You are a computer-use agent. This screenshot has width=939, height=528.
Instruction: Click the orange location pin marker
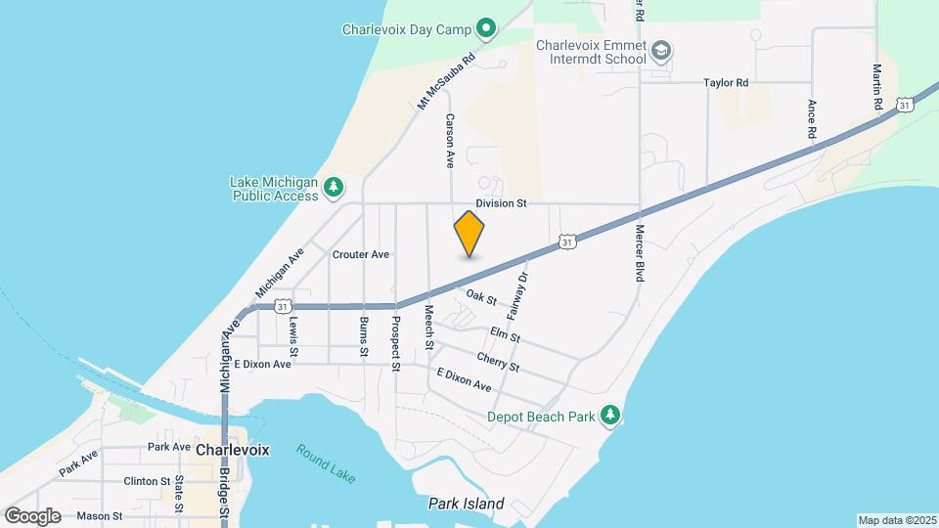469,234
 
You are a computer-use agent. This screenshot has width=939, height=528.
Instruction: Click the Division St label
501,203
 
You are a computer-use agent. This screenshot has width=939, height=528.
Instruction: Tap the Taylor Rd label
726,83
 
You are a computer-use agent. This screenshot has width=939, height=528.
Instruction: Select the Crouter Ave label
361,254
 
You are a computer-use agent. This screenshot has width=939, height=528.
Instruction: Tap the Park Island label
466,505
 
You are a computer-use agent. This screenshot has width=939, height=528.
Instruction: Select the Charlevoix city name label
233,450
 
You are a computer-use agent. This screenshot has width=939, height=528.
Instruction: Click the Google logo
33,515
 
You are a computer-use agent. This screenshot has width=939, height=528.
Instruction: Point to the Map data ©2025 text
896,519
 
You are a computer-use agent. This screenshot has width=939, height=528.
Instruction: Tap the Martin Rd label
877,88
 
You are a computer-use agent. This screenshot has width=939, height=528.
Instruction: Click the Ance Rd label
812,117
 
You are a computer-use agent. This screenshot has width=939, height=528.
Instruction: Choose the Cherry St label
498,362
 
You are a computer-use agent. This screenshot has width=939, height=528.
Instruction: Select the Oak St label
482,295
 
